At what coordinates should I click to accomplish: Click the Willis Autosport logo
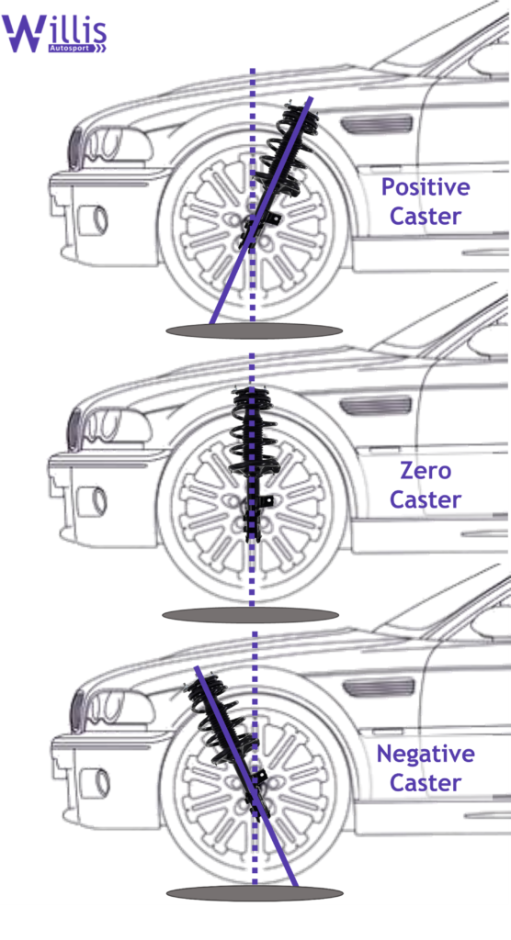pos(54,34)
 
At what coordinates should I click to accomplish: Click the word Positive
pos(426,187)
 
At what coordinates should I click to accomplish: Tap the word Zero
pos(426,471)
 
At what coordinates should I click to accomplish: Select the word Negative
pos(426,754)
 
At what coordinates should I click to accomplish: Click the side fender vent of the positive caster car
pos(377,125)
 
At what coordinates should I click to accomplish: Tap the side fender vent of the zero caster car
pos(376,406)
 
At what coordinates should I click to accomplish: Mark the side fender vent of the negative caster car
pos(379,688)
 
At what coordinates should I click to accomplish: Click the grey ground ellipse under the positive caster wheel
pos(254,330)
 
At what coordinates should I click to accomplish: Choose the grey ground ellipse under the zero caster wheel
pos(251,614)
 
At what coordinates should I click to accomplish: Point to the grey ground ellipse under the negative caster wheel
pos(255,893)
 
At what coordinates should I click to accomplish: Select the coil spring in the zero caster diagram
pos(252,431)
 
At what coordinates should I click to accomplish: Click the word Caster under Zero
pos(426,499)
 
